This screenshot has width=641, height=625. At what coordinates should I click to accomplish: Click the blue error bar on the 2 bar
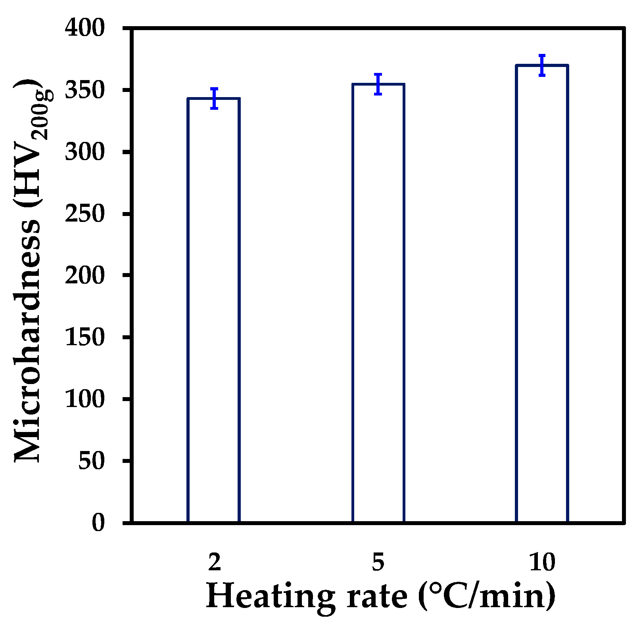tap(214, 98)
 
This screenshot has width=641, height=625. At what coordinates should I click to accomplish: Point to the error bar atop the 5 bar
tap(378, 84)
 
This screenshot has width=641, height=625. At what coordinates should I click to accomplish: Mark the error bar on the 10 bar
tap(542, 65)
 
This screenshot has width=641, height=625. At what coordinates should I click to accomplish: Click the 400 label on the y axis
tap(84, 29)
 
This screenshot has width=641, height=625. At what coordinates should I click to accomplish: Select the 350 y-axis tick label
tap(84, 91)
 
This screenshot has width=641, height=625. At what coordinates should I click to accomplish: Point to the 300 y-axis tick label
tap(84, 152)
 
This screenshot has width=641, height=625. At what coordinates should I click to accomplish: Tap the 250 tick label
tap(84, 214)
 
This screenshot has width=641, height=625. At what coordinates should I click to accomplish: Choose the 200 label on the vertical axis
tap(84, 275)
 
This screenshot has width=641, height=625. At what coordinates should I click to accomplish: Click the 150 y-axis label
tap(84, 337)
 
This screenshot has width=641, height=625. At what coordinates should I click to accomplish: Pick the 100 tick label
tap(84, 399)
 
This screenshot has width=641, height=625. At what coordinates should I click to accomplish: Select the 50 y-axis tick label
tap(91, 461)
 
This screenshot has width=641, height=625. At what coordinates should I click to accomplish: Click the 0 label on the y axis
tap(98, 523)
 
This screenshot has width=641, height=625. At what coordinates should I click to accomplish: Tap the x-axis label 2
tap(214, 562)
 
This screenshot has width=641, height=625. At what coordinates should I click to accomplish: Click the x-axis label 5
tap(378, 562)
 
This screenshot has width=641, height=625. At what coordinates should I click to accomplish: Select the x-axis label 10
tap(542, 562)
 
